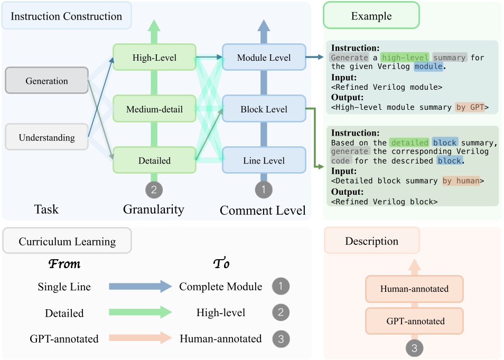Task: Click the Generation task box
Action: [46, 81]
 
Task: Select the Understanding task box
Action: [46, 138]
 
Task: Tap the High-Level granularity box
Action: [154, 58]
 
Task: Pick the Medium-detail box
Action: [154, 109]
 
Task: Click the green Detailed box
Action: [154, 160]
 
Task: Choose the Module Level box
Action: [264, 58]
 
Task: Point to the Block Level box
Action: [264, 109]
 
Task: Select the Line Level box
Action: [264, 160]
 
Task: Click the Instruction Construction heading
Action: [67, 16]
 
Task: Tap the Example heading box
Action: [371, 16]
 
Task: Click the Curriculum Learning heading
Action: [67, 242]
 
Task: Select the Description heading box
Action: [371, 241]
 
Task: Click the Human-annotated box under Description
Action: [414, 289]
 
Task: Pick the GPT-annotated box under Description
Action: [414, 321]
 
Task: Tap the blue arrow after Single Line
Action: [140, 287]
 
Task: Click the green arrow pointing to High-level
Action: [140, 312]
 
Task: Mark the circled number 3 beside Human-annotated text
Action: [281, 338]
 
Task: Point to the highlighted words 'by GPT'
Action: [470, 108]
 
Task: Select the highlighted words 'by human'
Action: [461, 181]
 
